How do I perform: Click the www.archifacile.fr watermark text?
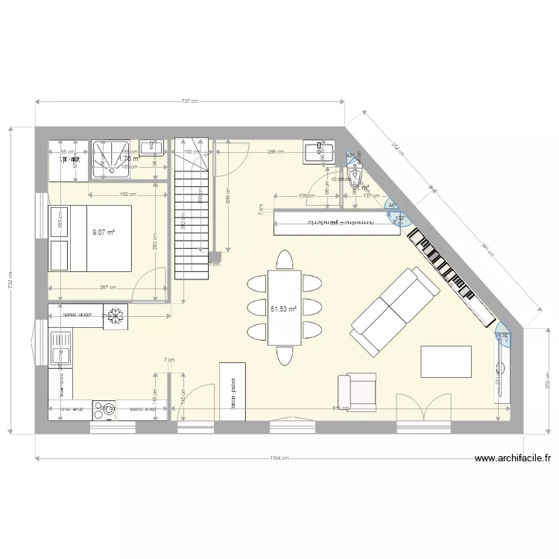516,459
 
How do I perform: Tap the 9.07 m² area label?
103,233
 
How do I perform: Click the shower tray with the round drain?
111,160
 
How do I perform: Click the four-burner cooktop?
105,409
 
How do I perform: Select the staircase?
191,209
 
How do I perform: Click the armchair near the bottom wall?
358,392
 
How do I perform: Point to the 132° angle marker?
399,218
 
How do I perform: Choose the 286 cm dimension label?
275,152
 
